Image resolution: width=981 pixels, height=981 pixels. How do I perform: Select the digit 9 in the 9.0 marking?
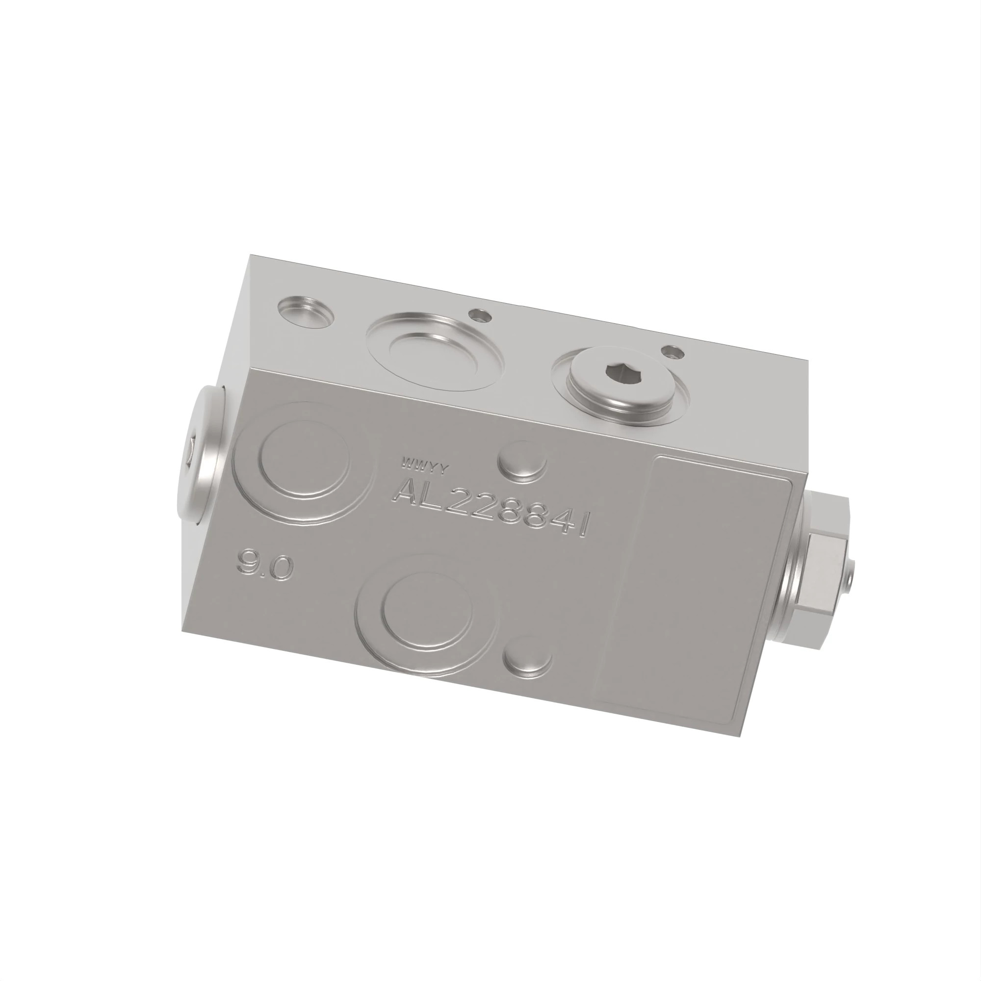[x=249, y=562]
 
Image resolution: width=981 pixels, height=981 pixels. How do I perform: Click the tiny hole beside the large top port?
[x=480, y=316]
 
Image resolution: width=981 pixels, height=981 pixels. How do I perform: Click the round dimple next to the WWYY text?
[x=521, y=460]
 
